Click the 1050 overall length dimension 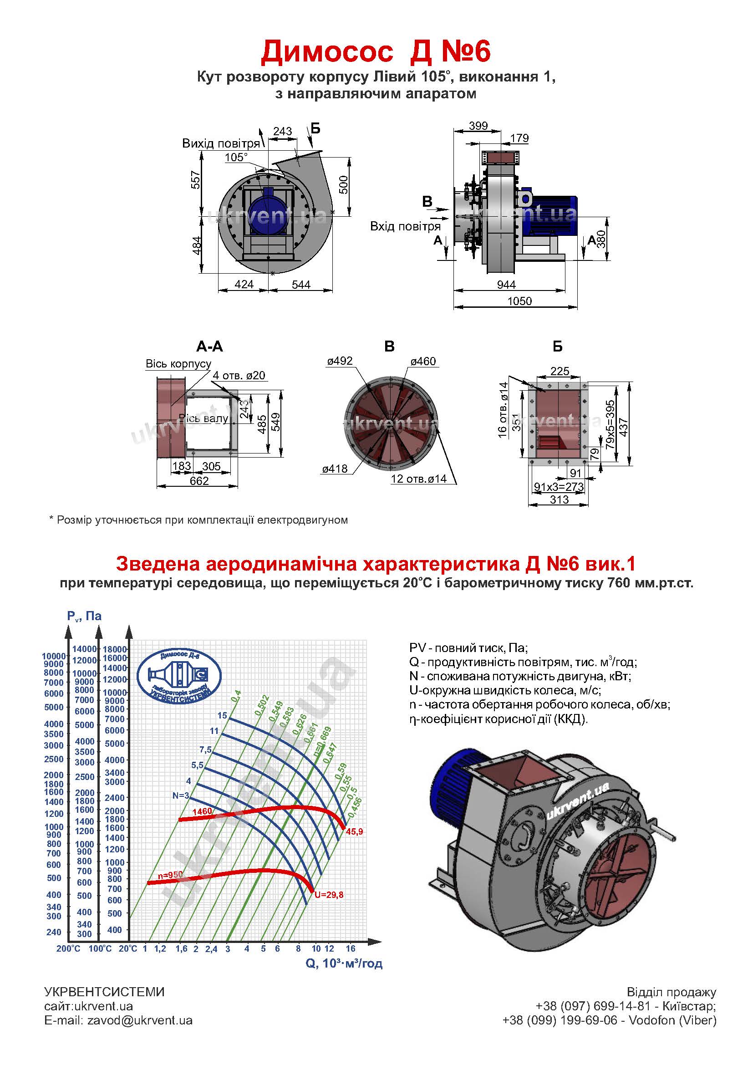(519, 301)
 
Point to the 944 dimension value (506, 285)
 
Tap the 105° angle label (236, 157)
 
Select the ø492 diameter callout (340, 361)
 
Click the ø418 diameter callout (335, 469)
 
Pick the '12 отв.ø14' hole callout (419, 479)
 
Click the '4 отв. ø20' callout (239, 375)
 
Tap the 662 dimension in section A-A (199, 481)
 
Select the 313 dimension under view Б (559, 499)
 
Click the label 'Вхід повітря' (405, 226)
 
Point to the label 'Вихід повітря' (221, 143)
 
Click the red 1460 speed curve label (202, 811)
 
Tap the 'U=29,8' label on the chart (329, 895)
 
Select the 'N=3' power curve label (181, 795)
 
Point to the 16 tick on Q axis (350, 948)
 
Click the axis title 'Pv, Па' (84, 616)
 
